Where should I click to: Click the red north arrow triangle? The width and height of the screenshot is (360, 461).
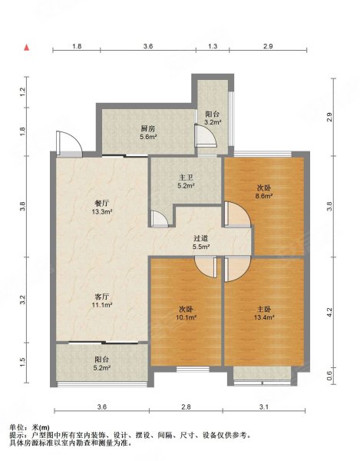pos(26,48)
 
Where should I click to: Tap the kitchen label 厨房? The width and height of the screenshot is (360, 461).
pos(148,128)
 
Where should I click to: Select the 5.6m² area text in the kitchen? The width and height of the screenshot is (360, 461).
pos(148,137)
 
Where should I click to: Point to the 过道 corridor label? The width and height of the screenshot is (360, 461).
pos(201,238)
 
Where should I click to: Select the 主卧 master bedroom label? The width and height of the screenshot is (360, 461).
pos(264,309)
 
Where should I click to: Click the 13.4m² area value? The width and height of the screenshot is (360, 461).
pos(264,317)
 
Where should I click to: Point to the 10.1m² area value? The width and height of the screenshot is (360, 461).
pos(187,317)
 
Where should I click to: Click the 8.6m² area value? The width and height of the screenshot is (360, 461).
pos(264,196)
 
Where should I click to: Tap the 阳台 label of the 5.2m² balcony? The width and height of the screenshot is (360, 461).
pos(102,360)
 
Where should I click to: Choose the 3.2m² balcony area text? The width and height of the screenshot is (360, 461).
pos(213,121)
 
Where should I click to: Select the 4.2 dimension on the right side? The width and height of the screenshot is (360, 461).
pos(329,312)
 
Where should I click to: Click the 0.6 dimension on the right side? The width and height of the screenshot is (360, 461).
pos(329,376)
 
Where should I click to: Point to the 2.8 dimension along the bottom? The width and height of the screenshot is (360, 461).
pos(186,407)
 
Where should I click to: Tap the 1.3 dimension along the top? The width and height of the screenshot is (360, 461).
pos(213,46)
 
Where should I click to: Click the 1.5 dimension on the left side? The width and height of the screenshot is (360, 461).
pos(24,363)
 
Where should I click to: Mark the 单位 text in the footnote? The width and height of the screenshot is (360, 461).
pos(15,428)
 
